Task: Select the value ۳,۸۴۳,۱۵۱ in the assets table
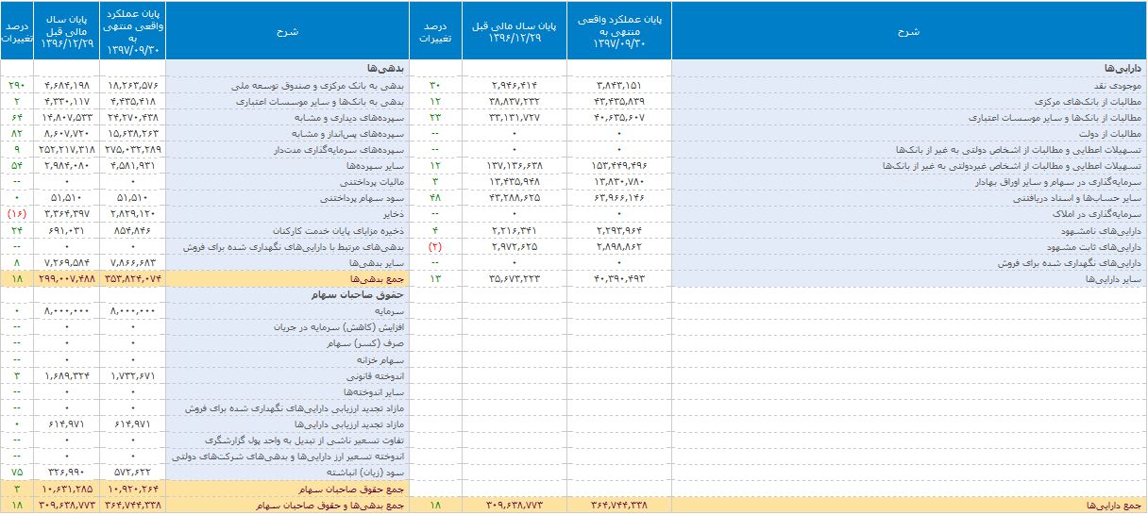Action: click(x=618, y=85)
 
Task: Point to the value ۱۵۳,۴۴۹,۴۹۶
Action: click(x=618, y=166)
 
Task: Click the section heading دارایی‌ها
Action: click(x=1122, y=69)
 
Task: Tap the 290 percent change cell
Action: click(x=17, y=85)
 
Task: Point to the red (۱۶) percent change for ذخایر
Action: click(x=17, y=214)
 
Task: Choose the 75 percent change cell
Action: click(x=17, y=472)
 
